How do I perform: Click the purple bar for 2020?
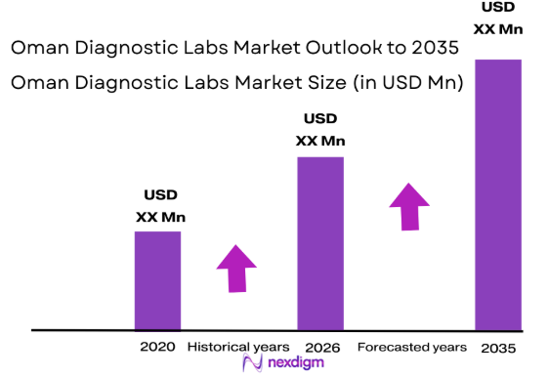click(x=157, y=279)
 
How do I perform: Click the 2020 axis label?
click(x=157, y=347)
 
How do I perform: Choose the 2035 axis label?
click(x=497, y=348)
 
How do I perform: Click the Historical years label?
click(x=238, y=347)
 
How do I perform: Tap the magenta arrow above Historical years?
click(x=236, y=267)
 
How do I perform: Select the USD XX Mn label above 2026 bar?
click(x=320, y=130)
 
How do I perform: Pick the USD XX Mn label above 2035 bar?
click(x=497, y=19)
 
